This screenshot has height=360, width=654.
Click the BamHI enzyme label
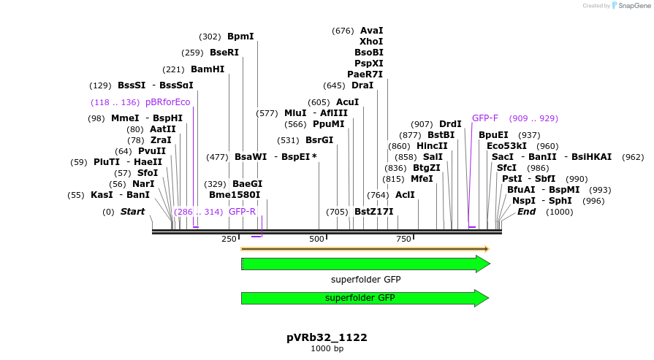(x=207, y=69)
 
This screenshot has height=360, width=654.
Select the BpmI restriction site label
(x=240, y=36)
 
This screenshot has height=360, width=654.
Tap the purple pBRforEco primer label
(x=167, y=102)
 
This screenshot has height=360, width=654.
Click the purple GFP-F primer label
(x=485, y=118)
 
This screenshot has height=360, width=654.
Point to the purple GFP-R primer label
(x=242, y=211)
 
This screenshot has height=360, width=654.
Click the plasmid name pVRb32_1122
(x=327, y=337)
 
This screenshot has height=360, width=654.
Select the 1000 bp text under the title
(x=327, y=349)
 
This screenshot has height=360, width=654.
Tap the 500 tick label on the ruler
(x=316, y=239)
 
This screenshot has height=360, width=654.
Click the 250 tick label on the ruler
(x=229, y=239)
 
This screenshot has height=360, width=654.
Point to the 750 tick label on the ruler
(x=403, y=239)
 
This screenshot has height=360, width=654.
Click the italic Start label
(x=132, y=212)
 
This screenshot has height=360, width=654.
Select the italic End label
(x=526, y=212)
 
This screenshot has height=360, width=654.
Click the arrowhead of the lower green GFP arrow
(x=482, y=298)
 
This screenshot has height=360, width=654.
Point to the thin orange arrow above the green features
(x=365, y=249)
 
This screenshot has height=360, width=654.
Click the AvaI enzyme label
(x=371, y=31)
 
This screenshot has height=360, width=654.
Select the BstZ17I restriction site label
(x=373, y=212)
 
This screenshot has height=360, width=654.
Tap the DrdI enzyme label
(x=450, y=124)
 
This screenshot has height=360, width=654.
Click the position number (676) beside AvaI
(x=343, y=31)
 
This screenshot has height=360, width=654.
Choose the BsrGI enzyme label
(x=319, y=140)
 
